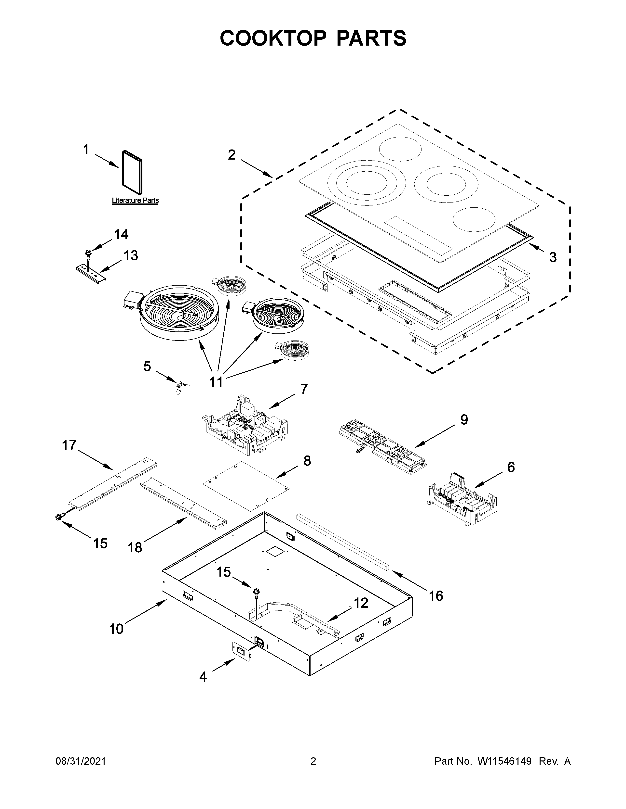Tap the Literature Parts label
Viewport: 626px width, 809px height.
135,200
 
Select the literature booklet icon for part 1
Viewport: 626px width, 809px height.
132,172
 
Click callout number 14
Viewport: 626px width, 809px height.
121,234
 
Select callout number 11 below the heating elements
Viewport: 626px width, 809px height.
216,381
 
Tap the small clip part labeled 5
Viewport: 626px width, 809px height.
180,387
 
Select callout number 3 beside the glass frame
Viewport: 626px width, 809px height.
553,257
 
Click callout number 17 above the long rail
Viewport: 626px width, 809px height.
69,445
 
